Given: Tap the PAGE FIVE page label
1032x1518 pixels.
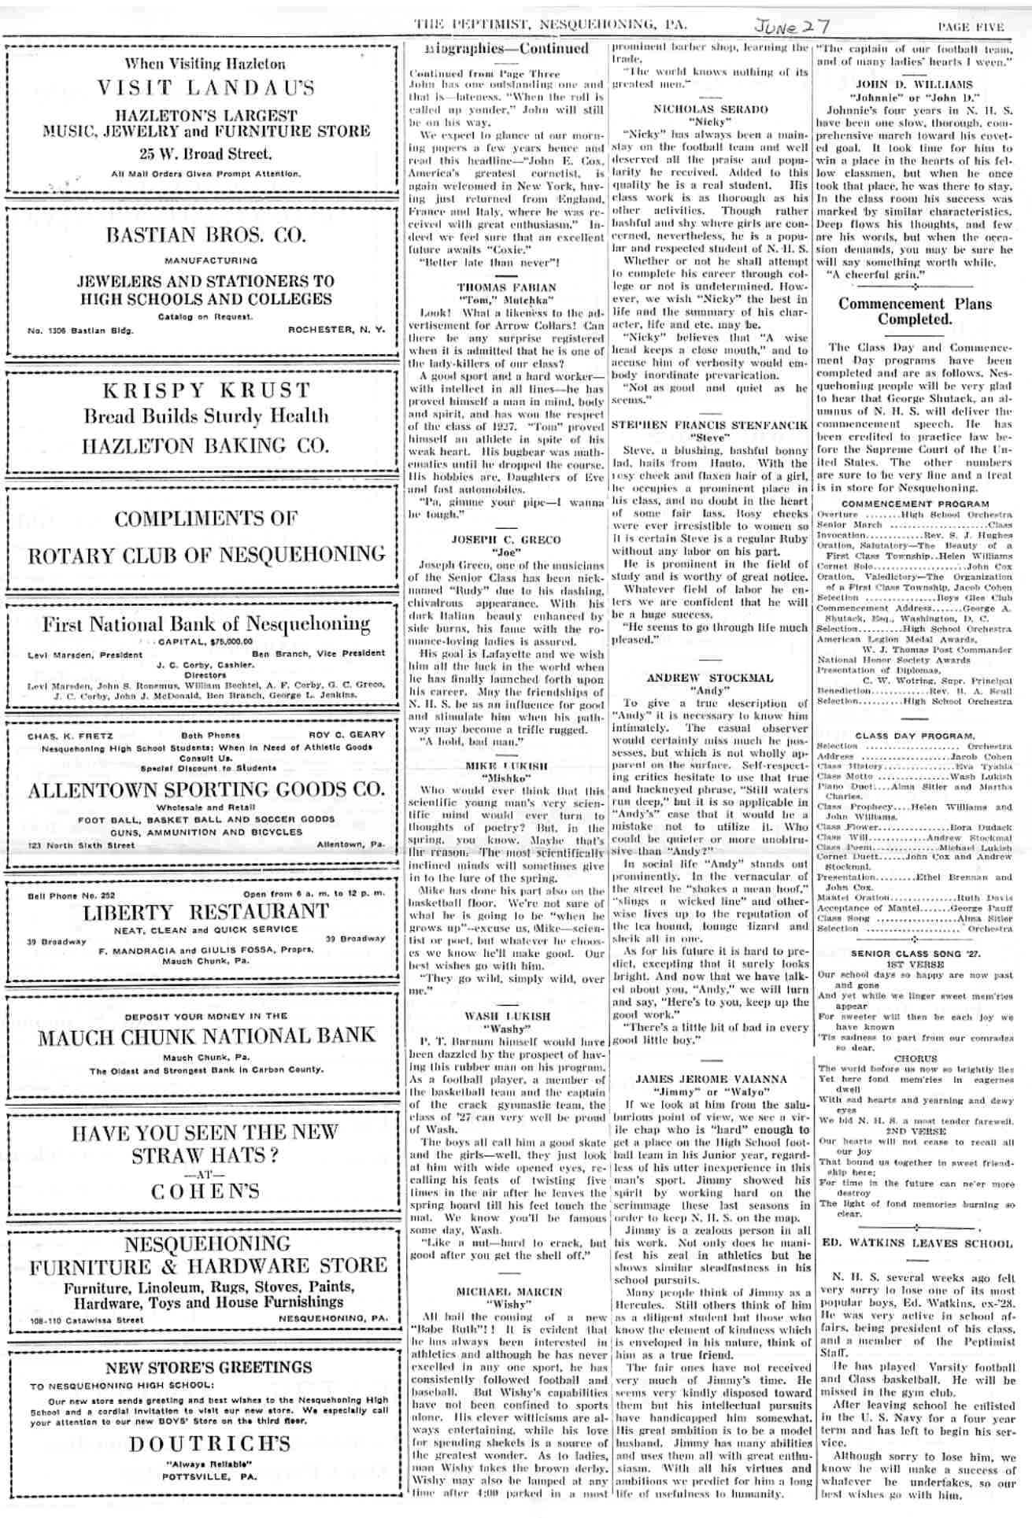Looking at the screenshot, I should (x=971, y=27).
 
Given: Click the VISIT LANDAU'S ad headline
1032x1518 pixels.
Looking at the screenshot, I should (x=206, y=88).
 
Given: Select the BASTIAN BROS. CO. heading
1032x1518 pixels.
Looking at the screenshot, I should (x=206, y=235).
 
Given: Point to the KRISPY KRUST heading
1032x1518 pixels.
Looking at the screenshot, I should (x=206, y=390).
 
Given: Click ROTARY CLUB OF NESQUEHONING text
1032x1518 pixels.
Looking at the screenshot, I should (x=206, y=555).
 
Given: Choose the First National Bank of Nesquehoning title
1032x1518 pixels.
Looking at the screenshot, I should (x=206, y=625).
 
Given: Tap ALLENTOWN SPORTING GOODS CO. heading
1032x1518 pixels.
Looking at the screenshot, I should (x=206, y=789).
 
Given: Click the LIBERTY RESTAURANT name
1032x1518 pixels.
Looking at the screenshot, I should (x=206, y=913).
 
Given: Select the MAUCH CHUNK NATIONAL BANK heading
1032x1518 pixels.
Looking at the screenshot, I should (x=206, y=1036).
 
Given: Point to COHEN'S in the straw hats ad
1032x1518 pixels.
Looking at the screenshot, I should (x=206, y=1191).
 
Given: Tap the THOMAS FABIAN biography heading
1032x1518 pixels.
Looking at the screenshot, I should (x=507, y=288).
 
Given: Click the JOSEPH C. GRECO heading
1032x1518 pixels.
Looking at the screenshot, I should (x=506, y=540).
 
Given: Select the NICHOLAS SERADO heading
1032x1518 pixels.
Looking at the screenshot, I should (x=710, y=109).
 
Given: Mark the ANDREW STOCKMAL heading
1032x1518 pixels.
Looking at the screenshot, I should (x=710, y=678).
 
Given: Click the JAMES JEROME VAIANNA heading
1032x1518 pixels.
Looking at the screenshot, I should (x=711, y=1079).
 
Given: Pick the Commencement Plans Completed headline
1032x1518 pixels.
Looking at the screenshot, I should (x=914, y=312).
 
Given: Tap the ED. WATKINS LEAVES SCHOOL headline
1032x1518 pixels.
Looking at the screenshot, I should (x=916, y=1243).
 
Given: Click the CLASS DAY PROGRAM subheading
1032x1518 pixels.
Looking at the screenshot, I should (x=915, y=736).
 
